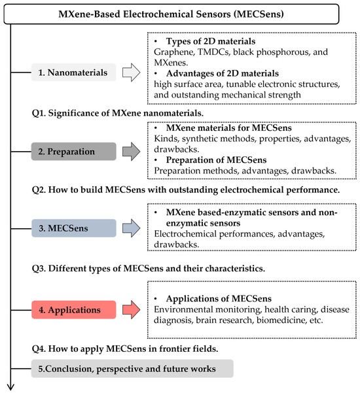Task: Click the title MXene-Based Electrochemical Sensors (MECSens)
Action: pos(180,13)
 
